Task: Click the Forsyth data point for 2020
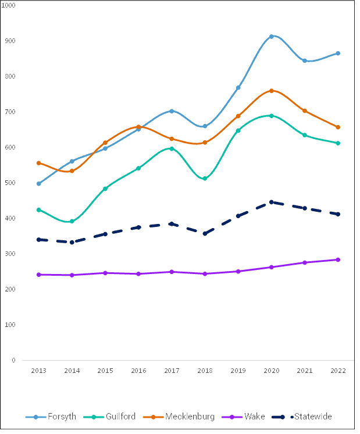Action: point(272,37)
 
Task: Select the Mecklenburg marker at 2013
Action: point(38,163)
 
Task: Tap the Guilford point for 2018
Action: point(205,179)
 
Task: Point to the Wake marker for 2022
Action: point(338,259)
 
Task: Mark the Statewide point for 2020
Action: point(272,202)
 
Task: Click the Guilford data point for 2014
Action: point(72,221)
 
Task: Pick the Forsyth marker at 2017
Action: point(172,111)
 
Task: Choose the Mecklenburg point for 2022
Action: point(338,127)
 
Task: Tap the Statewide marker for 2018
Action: point(205,233)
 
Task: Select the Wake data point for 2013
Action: point(38,275)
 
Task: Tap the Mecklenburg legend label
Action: point(190,417)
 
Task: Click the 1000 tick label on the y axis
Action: point(9,5)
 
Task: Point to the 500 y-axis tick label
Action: point(11,183)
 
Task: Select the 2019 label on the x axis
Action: point(238,371)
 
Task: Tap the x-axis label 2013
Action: point(38,371)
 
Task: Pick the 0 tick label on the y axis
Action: point(13,360)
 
